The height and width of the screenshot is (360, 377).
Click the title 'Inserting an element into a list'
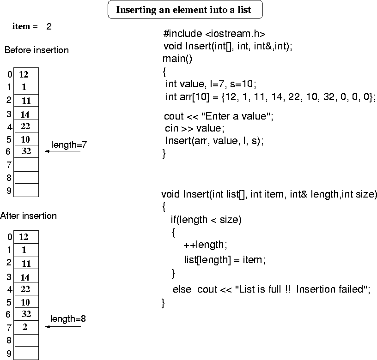[x=185, y=10]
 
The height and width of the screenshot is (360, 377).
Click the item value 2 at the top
[x=49, y=26]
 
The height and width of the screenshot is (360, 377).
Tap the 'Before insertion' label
[x=36, y=50]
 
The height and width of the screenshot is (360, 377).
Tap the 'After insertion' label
[x=29, y=216]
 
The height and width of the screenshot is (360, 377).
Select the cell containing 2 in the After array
[x=25, y=327]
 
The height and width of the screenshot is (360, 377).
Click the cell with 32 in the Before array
[x=26, y=151]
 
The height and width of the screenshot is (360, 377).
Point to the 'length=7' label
[x=69, y=145]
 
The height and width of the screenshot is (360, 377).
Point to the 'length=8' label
[x=68, y=318]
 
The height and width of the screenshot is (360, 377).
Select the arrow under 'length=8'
[x=63, y=327]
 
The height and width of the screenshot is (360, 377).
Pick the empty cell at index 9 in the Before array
[x=26, y=190]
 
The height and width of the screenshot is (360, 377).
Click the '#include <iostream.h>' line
[x=214, y=34]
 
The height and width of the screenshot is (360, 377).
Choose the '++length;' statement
[x=205, y=244]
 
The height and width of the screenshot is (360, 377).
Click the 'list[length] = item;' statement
[x=225, y=259]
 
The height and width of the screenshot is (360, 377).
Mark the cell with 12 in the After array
[x=24, y=237]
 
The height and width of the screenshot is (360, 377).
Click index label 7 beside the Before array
[x=9, y=165]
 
